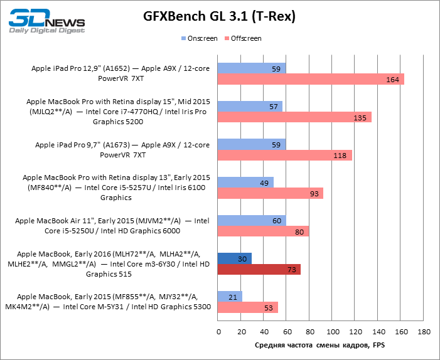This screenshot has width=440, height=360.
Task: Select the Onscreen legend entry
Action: (x=200, y=39)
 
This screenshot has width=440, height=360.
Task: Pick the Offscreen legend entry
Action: (x=245, y=39)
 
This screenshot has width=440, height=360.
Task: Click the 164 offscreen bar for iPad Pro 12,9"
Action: (x=311, y=79)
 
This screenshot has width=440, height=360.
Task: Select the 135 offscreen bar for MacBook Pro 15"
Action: (x=294, y=117)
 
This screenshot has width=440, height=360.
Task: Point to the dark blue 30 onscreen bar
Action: (x=235, y=258)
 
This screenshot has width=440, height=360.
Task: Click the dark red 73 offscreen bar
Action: (x=259, y=270)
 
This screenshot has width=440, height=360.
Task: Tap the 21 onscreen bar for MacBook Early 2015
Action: (x=230, y=297)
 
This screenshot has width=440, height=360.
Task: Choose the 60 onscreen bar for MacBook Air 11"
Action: (x=252, y=220)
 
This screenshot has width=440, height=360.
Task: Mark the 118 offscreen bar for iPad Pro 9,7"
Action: (x=285, y=156)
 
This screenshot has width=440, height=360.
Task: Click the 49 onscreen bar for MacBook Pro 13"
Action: (x=245, y=182)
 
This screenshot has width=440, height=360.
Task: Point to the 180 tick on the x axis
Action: (x=424, y=331)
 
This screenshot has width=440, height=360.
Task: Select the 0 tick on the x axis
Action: (x=218, y=331)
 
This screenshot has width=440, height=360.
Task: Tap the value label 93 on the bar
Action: (x=314, y=194)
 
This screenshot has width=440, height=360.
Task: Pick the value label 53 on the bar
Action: (x=269, y=308)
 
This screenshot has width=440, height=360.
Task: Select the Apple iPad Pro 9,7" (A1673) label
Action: (x=122, y=149)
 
